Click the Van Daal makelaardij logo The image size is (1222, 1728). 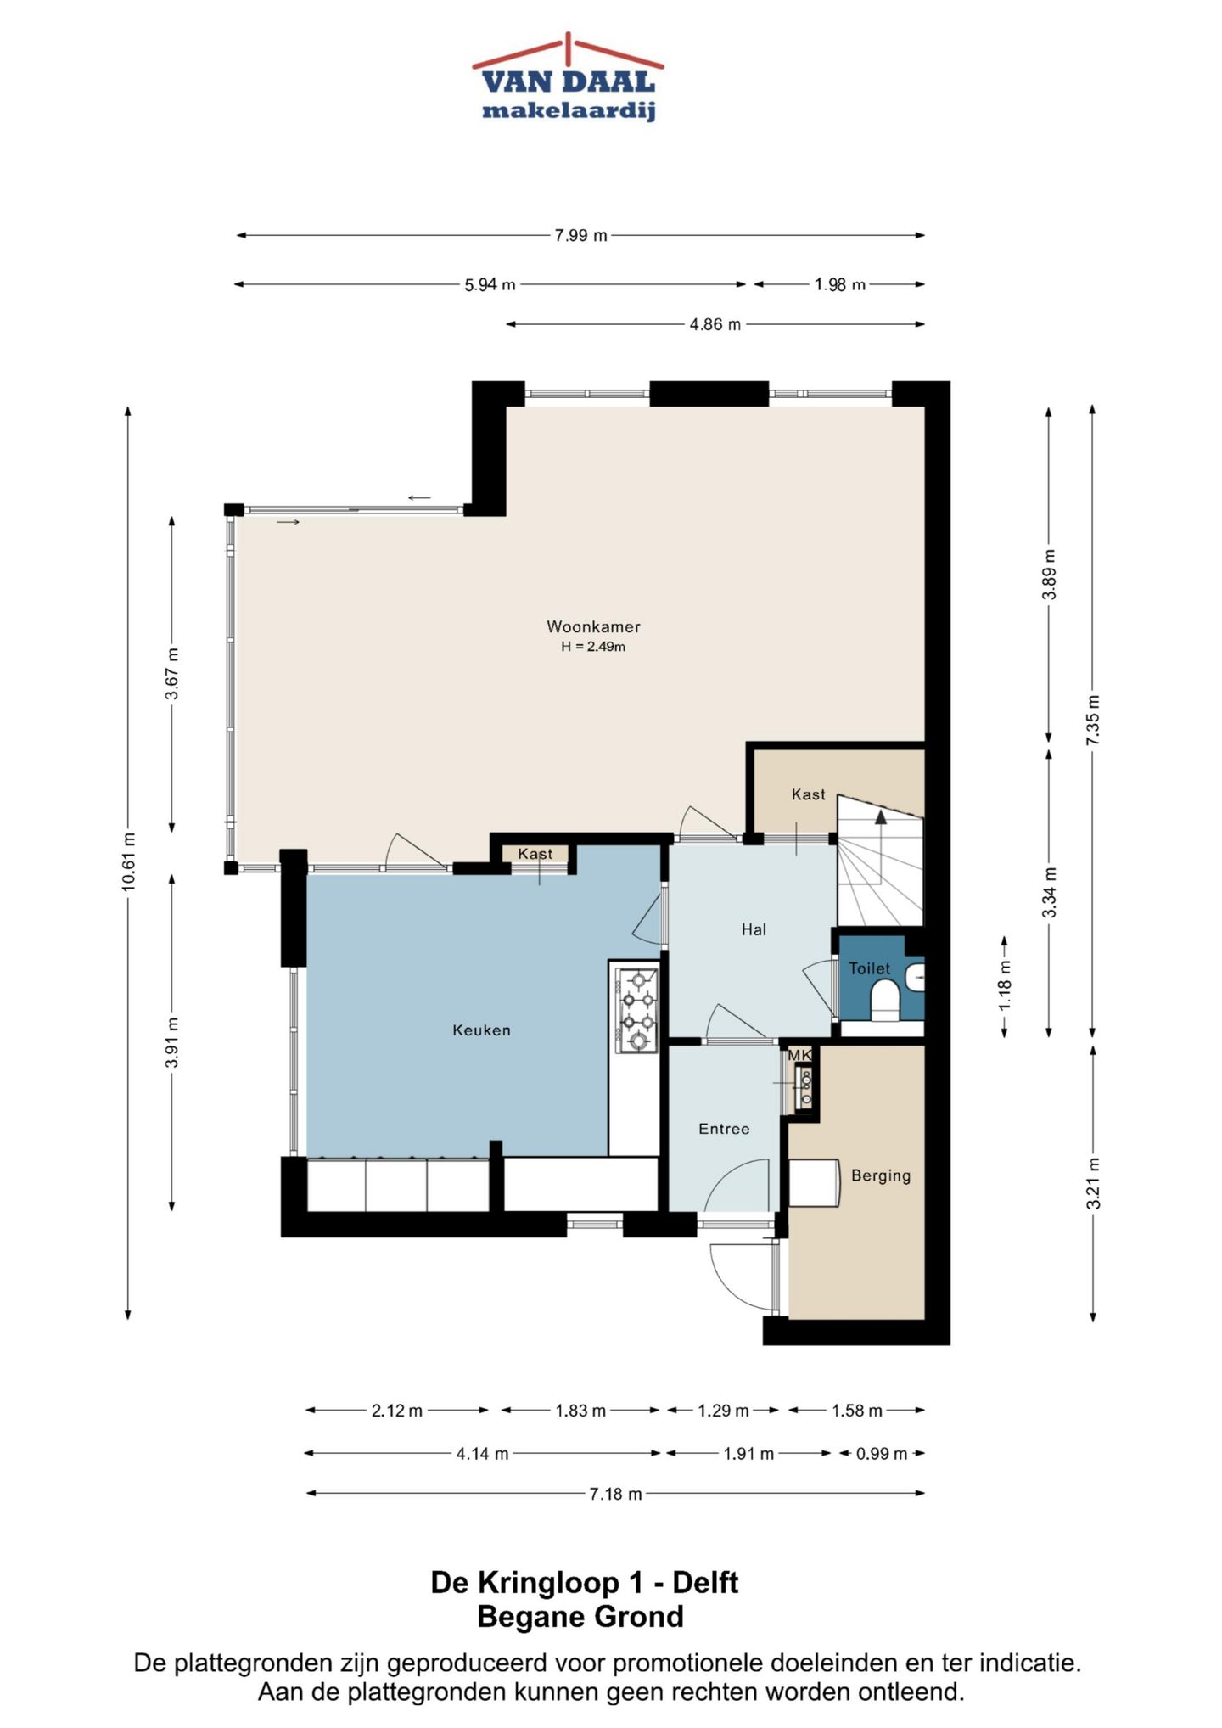569,78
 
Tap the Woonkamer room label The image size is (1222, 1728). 593,627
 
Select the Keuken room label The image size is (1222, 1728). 481,1030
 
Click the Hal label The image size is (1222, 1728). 754,930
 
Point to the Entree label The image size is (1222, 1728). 724,1129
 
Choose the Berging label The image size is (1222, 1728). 881,1175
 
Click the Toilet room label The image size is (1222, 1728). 870,968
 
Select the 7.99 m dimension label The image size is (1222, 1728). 581,235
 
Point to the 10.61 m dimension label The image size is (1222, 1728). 128,861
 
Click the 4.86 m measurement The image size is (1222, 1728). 715,324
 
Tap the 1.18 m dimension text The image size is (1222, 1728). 1005,985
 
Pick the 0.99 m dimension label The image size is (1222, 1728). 882,1454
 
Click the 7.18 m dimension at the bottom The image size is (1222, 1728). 615,1494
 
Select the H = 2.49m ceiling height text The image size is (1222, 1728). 593,647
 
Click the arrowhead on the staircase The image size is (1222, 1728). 881,816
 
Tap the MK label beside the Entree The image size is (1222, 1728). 799,1055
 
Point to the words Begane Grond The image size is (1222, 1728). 580,1617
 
